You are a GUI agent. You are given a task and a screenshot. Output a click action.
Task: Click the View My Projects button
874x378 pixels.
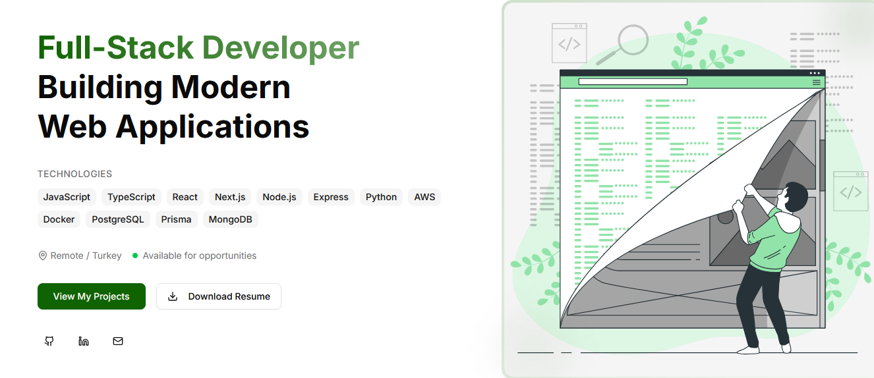[x=92, y=296]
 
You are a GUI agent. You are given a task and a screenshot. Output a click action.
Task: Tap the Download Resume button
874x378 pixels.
[x=219, y=296]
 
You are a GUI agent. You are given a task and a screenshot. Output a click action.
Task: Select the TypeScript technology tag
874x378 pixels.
[x=132, y=197]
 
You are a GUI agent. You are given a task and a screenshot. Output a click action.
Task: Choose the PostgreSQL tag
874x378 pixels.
[x=118, y=219]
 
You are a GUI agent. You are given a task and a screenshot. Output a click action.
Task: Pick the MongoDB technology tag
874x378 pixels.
[x=230, y=219]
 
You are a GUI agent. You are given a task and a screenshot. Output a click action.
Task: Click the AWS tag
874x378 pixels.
[x=424, y=197]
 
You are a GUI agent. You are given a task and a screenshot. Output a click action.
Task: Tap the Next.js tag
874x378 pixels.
[x=230, y=197]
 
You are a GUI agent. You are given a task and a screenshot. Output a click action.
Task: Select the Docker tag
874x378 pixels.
[x=59, y=219]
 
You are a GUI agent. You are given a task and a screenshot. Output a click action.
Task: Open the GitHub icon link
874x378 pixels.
[x=49, y=341]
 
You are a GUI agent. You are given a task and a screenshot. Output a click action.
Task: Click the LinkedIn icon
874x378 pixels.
[x=84, y=341]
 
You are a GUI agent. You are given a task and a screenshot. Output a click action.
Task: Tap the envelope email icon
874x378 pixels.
[x=118, y=341]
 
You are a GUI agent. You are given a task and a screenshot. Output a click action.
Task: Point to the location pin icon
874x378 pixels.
[x=43, y=256]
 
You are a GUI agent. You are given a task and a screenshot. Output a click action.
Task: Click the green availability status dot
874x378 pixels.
[x=135, y=256]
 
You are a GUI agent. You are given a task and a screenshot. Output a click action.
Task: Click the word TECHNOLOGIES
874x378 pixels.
[x=74, y=174]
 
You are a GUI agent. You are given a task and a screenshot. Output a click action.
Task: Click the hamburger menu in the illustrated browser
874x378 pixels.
[x=817, y=82]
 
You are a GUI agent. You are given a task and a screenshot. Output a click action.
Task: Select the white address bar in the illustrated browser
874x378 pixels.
[x=633, y=82]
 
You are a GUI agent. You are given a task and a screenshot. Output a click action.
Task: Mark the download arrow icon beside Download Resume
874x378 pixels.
[x=173, y=296]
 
